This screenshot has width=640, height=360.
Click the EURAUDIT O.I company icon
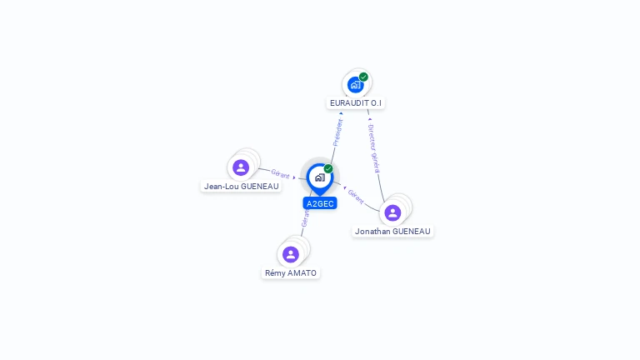tap(356, 84)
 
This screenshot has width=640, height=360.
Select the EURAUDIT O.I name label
tap(356, 103)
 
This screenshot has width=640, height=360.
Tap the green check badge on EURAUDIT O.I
tap(363, 77)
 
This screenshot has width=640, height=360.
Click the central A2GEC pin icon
tap(319, 177)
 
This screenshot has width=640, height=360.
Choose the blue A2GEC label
tap(320, 203)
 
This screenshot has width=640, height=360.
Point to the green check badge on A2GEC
tap(328, 168)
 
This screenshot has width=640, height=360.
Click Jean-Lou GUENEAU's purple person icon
tap(241, 167)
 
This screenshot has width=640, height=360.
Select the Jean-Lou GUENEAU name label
tap(242, 187)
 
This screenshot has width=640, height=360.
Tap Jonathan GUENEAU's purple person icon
tap(392, 212)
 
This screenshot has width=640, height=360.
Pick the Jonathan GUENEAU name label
tap(392, 231)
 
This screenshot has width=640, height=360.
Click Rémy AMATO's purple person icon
tap(291, 254)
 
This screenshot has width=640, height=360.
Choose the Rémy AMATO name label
tap(291, 272)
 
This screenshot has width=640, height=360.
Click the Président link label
tap(337, 132)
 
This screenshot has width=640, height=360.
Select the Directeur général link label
tap(374, 149)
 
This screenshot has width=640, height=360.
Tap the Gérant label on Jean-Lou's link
tap(280, 174)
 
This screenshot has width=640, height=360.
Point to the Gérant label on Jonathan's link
tap(356, 197)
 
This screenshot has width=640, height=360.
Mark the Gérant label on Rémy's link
tap(305, 218)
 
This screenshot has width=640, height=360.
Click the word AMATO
tap(302, 272)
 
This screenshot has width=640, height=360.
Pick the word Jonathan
tap(372, 231)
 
